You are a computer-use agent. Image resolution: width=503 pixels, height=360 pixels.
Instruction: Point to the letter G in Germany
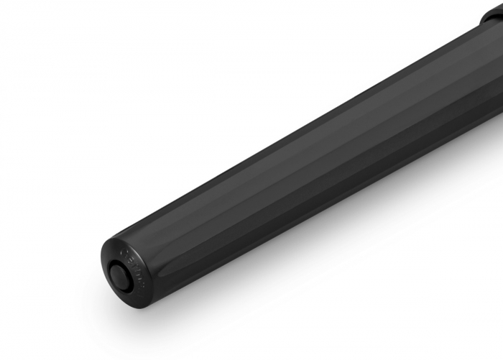(124, 251)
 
